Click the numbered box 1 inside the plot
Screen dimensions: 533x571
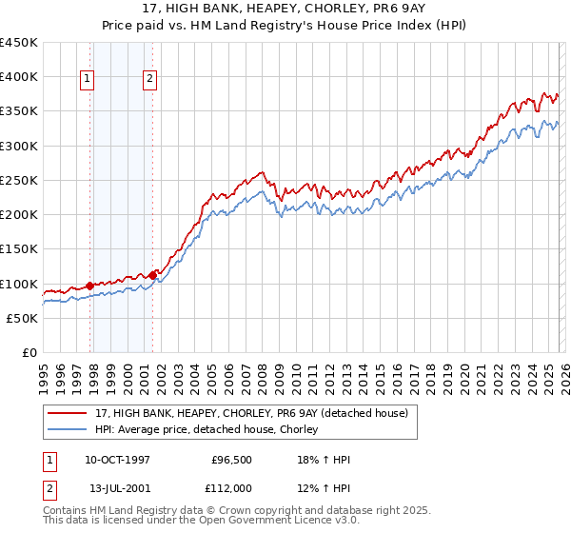tap(87, 80)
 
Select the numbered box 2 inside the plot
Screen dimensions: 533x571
tap(150, 80)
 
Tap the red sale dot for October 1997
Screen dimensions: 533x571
tap(90, 286)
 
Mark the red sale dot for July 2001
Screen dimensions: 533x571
tap(152, 274)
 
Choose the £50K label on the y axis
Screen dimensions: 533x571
tap(23, 318)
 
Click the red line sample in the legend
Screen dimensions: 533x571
tap(69, 412)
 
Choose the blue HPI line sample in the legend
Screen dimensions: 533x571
tap(69, 429)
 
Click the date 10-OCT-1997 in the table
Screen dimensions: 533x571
tap(118, 460)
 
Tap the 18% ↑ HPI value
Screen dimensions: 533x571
tap(324, 460)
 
